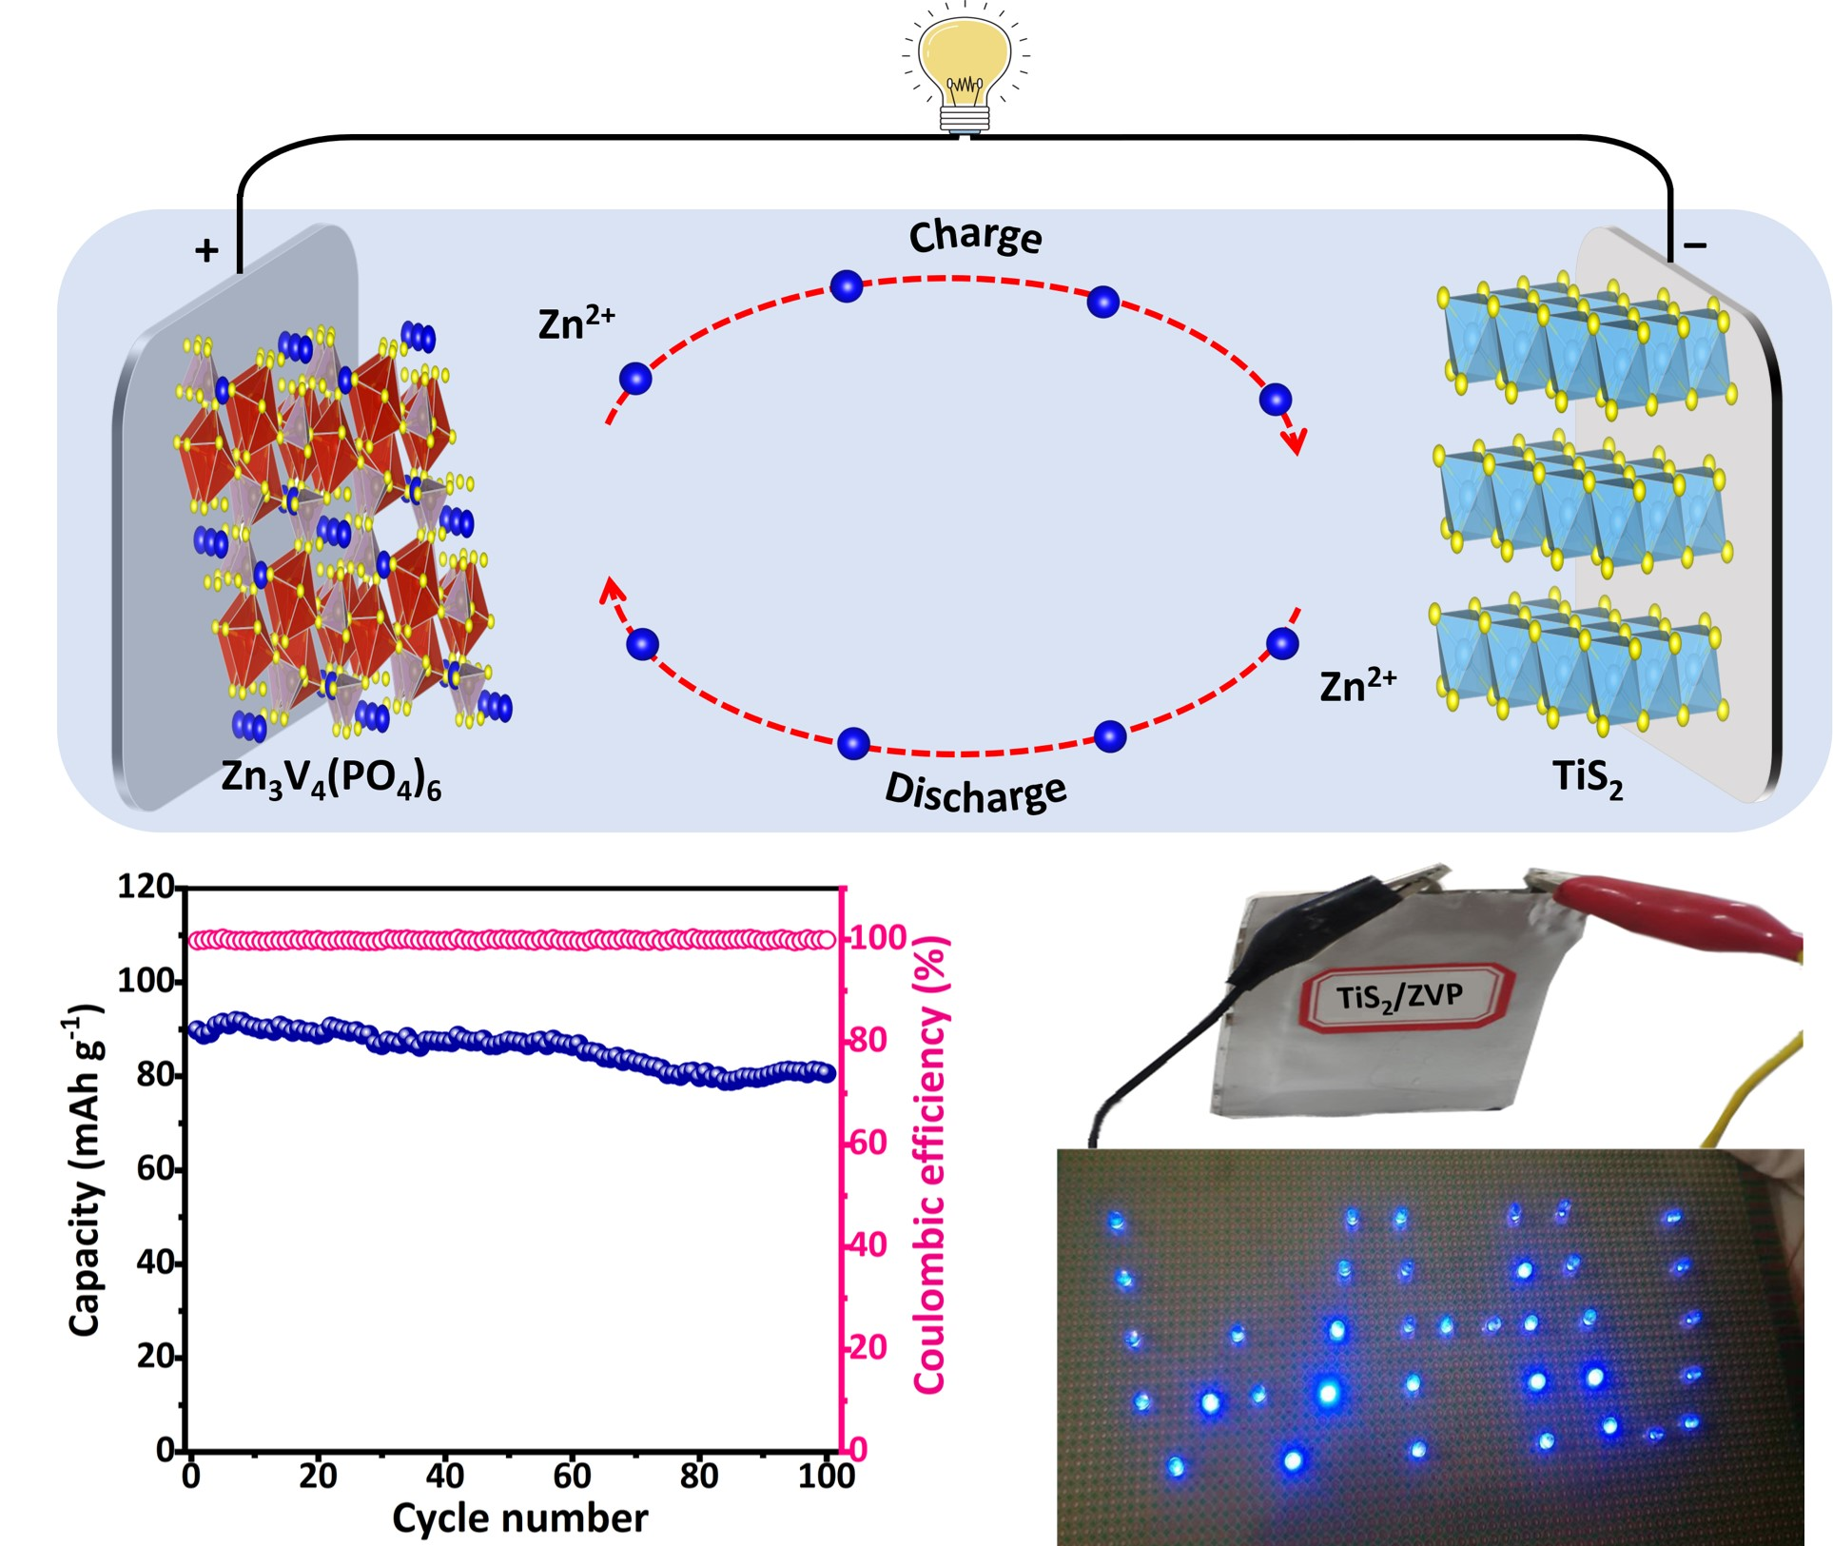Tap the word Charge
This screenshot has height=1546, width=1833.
(975, 236)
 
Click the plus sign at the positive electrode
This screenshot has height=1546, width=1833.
(206, 250)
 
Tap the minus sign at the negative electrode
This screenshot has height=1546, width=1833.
(1695, 245)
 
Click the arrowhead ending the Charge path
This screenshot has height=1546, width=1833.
(1294, 440)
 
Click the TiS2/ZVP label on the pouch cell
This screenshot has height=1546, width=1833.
(1399, 998)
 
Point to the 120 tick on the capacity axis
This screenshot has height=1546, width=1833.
(146, 888)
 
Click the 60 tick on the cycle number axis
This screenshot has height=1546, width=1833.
(572, 1476)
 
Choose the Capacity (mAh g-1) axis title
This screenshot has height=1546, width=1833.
(86, 1170)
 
